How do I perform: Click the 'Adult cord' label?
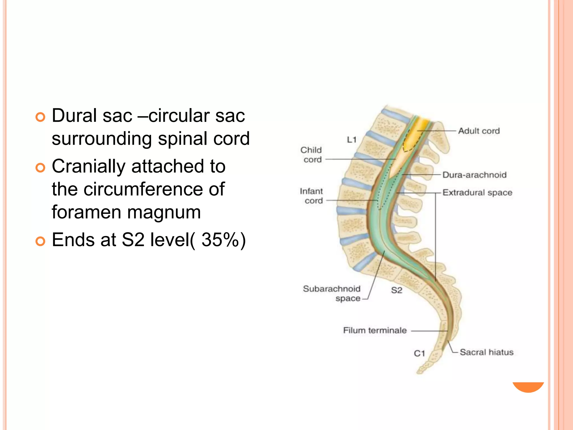(x=479, y=131)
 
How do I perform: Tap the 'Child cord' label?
(x=311, y=155)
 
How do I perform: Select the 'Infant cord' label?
(x=311, y=196)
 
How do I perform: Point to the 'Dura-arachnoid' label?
(x=475, y=175)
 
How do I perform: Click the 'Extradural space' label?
(x=477, y=193)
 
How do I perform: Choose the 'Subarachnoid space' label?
(x=332, y=293)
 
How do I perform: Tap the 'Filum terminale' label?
(x=375, y=330)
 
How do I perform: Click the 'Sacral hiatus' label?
(x=487, y=352)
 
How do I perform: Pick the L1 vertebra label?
(x=352, y=140)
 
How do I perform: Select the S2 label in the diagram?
(x=396, y=290)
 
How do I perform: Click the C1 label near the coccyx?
(x=419, y=354)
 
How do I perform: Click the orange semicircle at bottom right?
(x=528, y=387)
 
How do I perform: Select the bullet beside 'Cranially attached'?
(x=40, y=168)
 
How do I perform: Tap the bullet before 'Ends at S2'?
(x=40, y=241)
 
